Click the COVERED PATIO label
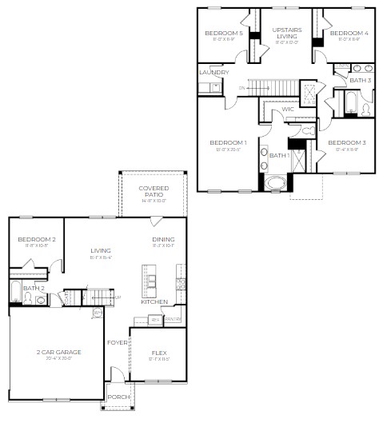153,190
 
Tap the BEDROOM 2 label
37,239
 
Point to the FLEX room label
159,352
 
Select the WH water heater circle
98,312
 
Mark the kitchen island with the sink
150,277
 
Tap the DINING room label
163,239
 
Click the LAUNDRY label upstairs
213,72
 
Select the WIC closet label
287,109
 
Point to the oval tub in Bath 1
276,183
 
